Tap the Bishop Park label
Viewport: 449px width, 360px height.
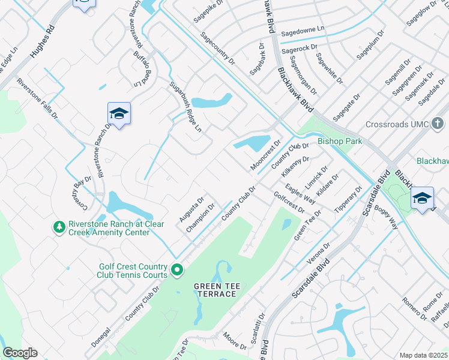(x=340, y=141)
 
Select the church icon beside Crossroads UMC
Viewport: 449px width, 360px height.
(x=439, y=124)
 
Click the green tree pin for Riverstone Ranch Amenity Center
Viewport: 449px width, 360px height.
(x=59, y=227)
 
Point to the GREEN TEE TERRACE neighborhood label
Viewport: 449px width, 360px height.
(x=217, y=290)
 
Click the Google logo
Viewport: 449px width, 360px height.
(x=20, y=353)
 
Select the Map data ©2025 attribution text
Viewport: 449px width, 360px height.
(x=424, y=355)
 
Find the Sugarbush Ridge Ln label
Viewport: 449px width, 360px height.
(x=185, y=107)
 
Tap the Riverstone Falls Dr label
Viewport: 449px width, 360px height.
(x=37, y=99)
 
